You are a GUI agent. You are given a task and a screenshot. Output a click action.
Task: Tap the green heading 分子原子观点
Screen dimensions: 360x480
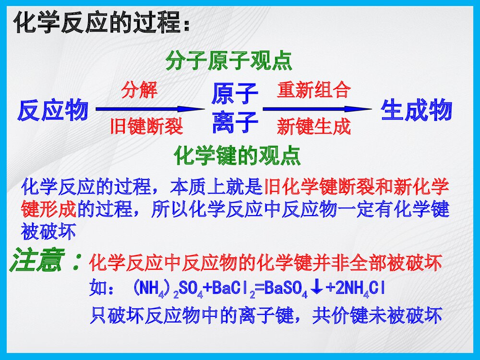(228, 61)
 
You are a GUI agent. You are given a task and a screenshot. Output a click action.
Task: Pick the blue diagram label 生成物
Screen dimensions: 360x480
(416, 110)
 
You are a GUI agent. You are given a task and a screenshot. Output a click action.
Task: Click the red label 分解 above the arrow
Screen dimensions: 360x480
(139, 90)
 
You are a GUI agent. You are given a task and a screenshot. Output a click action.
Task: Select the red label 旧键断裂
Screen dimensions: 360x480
(146, 126)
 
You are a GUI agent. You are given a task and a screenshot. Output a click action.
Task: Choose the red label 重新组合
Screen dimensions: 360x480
(313, 90)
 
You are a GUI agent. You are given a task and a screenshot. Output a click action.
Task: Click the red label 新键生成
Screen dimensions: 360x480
(313, 127)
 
